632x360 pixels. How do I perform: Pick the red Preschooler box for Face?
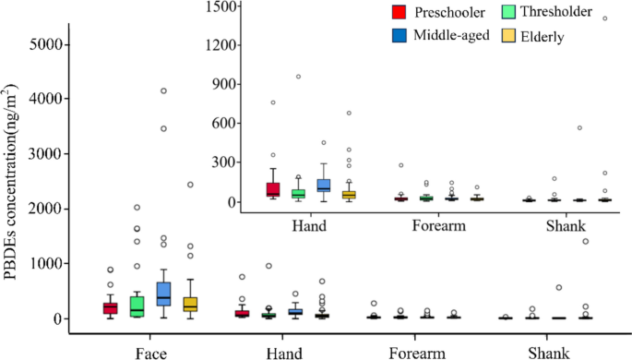tap(110, 307)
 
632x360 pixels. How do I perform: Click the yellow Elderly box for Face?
tap(190, 304)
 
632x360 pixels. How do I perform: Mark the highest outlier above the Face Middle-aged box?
tap(163, 90)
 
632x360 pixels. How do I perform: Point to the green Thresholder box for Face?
tap(137, 306)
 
